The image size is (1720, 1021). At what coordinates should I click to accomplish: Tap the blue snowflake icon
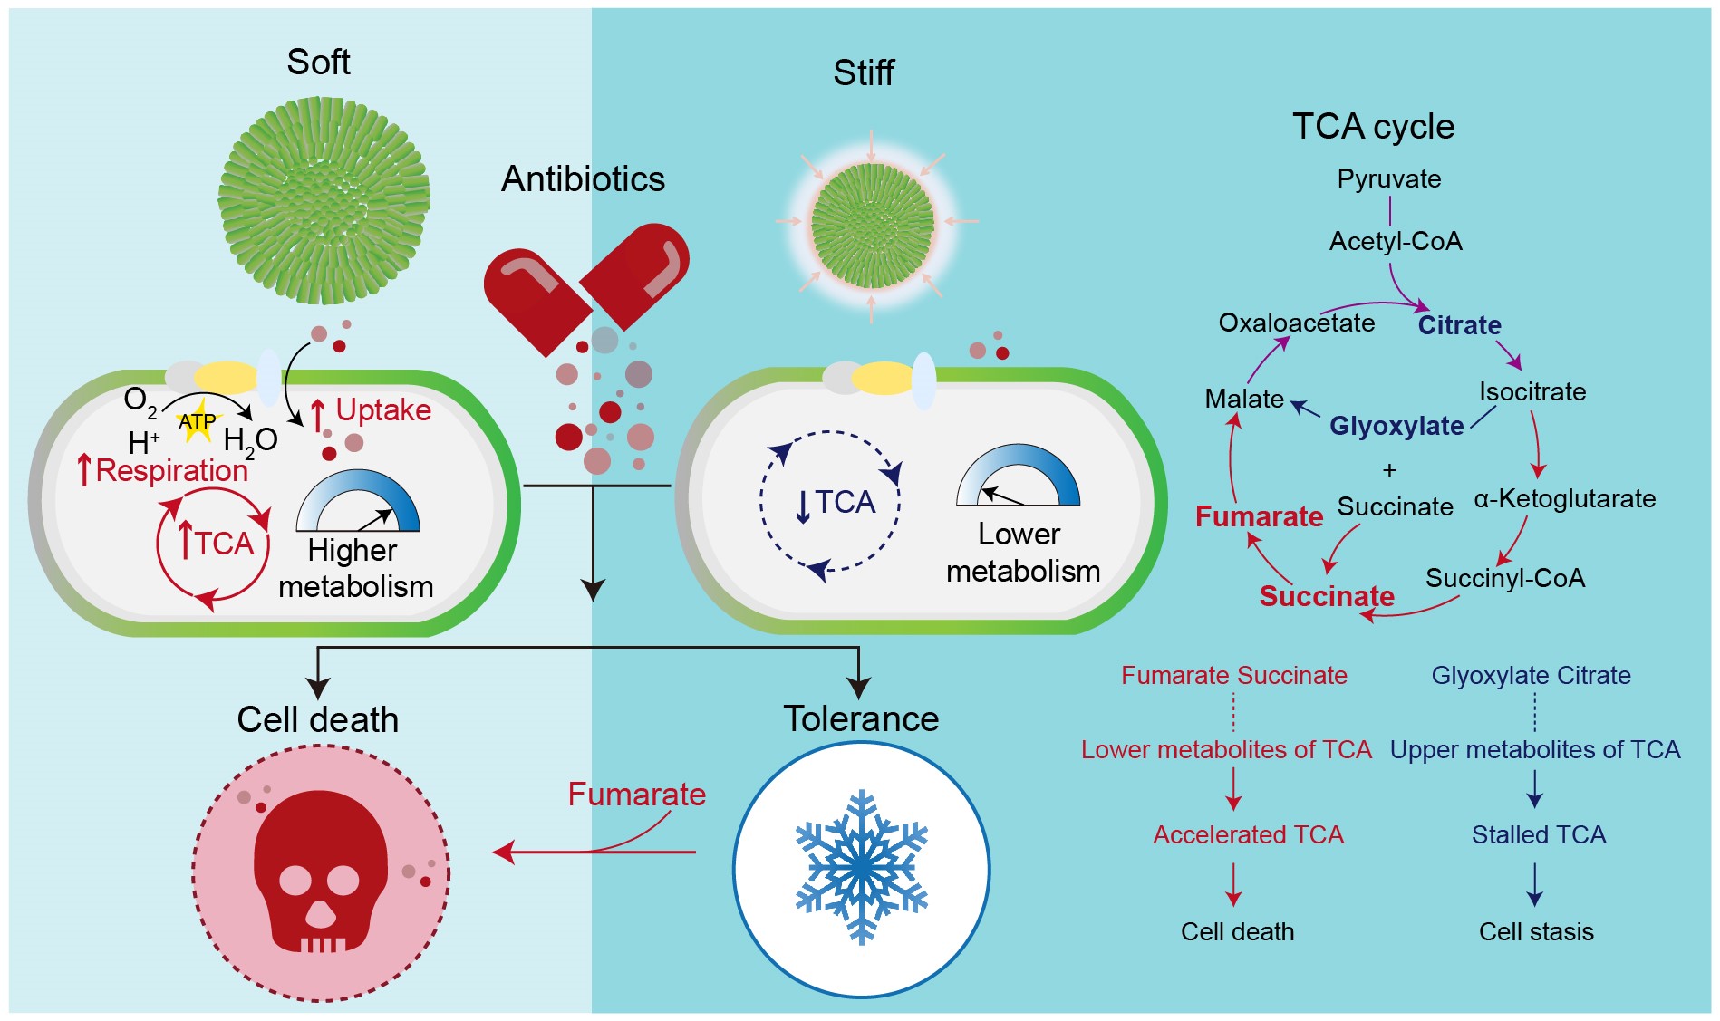(x=861, y=867)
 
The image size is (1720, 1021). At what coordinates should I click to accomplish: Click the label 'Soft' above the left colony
(x=318, y=62)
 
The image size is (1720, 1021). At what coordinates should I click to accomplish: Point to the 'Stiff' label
(x=864, y=72)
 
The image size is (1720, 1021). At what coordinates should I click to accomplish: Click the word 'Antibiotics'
(x=583, y=178)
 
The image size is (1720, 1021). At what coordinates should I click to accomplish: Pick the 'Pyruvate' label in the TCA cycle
(x=1388, y=178)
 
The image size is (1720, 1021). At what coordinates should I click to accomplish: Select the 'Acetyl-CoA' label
(x=1396, y=241)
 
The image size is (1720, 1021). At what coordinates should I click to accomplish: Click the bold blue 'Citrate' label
(x=1459, y=325)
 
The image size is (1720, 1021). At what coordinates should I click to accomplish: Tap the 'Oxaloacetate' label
(x=1296, y=323)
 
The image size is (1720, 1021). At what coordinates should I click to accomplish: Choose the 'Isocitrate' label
(x=1532, y=391)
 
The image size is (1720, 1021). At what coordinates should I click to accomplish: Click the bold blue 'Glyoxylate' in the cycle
(x=1396, y=426)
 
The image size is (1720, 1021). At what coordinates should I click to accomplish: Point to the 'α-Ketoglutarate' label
(x=1564, y=498)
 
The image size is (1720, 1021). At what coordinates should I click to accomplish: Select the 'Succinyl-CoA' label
(x=1504, y=578)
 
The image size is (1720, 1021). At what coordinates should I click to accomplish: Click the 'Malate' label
(x=1244, y=399)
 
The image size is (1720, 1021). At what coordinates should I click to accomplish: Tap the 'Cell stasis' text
(x=1536, y=931)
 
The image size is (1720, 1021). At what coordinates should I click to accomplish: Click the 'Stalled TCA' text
(x=1538, y=834)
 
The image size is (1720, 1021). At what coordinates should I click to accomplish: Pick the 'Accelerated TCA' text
(x=1248, y=834)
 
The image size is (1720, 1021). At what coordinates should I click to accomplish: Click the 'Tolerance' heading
(x=861, y=718)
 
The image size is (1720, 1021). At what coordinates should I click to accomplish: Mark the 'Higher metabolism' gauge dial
(x=358, y=502)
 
